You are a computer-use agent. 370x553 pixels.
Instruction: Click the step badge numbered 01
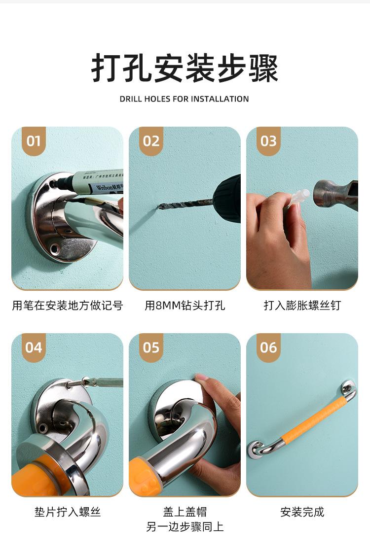[34, 141]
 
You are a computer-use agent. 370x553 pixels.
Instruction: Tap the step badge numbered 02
[151, 141]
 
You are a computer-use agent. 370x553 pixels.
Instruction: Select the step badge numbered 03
[268, 141]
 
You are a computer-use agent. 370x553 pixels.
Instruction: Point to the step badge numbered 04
[34, 347]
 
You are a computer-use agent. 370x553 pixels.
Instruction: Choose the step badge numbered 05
[151, 347]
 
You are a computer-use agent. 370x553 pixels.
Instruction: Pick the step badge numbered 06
[268, 347]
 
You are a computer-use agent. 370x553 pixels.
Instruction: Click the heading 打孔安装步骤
[185, 68]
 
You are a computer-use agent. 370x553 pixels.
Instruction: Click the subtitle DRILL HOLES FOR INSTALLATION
[185, 99]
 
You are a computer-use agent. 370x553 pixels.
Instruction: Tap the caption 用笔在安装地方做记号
[68, 305]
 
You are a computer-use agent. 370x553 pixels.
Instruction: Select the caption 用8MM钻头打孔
[185, 305]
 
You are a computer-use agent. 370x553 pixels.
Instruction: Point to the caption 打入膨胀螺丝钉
[302, 305]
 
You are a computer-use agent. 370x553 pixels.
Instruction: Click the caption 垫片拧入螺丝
[68, 512]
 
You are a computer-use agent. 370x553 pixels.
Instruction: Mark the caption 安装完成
[302, 512]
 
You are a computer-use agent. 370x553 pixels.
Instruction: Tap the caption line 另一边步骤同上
[185, 527]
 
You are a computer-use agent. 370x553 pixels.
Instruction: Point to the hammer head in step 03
[335, 195]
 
